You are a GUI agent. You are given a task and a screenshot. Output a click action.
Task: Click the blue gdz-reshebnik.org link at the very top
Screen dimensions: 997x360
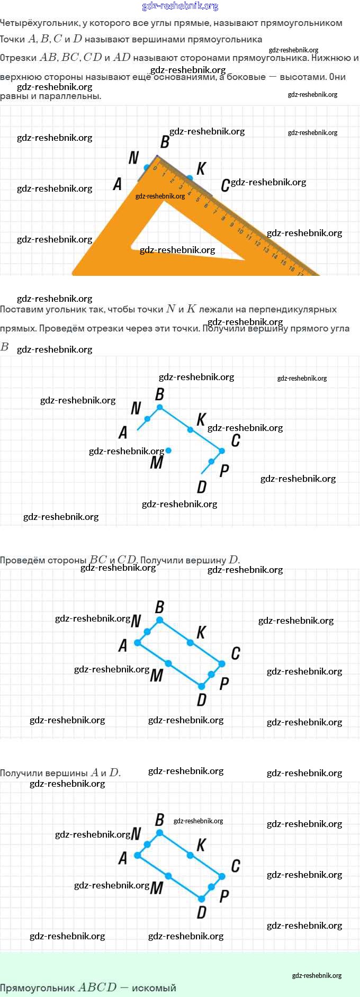pos(180,6)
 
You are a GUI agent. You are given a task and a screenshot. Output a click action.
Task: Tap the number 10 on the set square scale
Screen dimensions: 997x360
pos(240,231)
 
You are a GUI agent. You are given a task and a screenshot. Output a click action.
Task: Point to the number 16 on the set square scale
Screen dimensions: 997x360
pos(292,268)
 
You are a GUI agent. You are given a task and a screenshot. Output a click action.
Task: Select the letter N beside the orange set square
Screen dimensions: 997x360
pos(133,158)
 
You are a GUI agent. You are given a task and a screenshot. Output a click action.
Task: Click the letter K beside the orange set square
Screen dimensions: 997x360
pos(201,169)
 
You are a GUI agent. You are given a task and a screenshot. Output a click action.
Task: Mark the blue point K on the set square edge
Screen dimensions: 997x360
pos(190,178)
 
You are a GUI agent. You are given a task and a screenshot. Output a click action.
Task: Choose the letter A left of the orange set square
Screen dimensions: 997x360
pos(118,184)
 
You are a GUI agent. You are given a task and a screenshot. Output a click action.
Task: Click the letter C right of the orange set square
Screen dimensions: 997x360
pos(225,185)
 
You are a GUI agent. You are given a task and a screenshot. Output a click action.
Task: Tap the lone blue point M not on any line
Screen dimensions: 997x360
pos(168,451)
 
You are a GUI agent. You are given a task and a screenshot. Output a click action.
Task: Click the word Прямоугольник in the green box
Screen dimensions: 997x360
pos(37,988)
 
